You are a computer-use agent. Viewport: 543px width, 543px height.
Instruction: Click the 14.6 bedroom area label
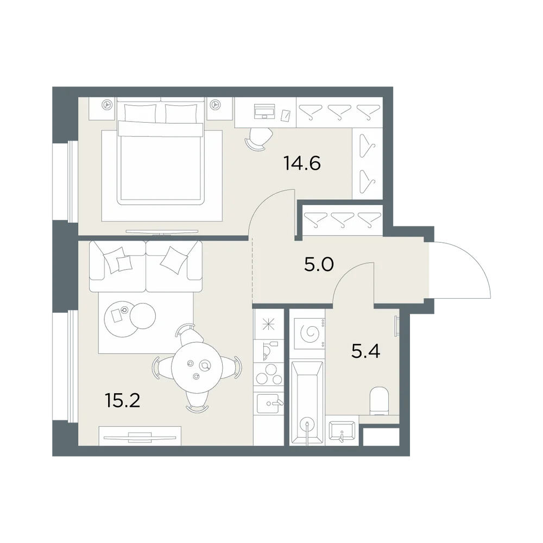302,163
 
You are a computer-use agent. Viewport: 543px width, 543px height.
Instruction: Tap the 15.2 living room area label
122,400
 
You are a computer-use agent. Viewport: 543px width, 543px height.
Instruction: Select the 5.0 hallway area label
319,264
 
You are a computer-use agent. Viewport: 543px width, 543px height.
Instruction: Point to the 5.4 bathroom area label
365,351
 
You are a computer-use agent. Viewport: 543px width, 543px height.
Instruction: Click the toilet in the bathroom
379,401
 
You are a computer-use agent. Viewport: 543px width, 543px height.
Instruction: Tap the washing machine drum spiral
310,333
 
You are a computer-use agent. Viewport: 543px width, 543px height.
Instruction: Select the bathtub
307,403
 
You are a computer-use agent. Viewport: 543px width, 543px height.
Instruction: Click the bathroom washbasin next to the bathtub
342,431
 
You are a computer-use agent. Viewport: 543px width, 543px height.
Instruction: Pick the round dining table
197,367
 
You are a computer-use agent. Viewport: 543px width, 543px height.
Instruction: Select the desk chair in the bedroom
258,139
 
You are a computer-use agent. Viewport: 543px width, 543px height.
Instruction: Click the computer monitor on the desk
264,110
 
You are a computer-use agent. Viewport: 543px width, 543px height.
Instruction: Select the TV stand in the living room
140,436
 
